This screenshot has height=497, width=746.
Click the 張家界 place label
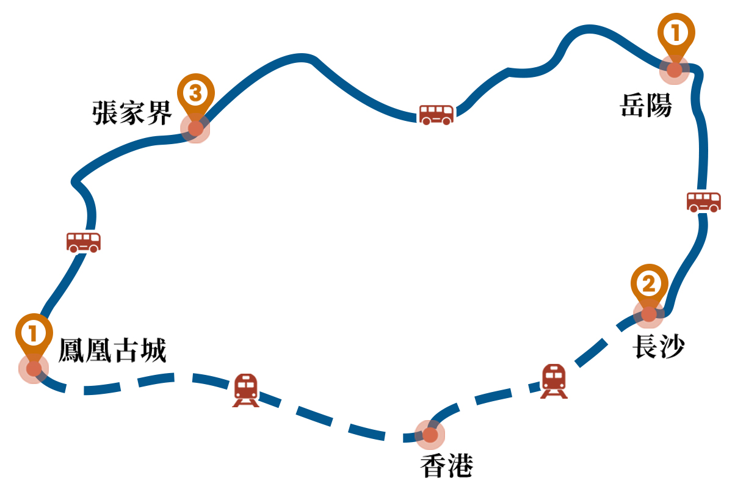pyautogui.click(x=132, y=113)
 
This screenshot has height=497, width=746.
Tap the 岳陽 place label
pyautogui.click(x=646, y=106)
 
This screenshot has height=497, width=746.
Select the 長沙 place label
pyautogui.click(x=658, y=346)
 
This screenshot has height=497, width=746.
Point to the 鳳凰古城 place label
pyautogui.click(x=112, y=351)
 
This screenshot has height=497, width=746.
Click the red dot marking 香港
pyautogui.click(x=430, y=435)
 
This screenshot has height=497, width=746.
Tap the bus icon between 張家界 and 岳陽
pyautogui.click(x=436, y=114)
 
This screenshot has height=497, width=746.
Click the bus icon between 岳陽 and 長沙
pyautogui.click(x=704, y=201)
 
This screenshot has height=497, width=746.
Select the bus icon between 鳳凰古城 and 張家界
pyautogui.click(x=84, y=242)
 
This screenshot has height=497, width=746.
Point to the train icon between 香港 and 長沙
pyautogui.click(x=554, y=381)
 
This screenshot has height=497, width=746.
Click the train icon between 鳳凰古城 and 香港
pyautogui.click(x=246, y=390)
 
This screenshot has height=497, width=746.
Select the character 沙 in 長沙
pyautogui.click(x=672, y=346)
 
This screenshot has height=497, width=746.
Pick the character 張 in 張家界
pyautogui.click(x=105, y=113)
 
